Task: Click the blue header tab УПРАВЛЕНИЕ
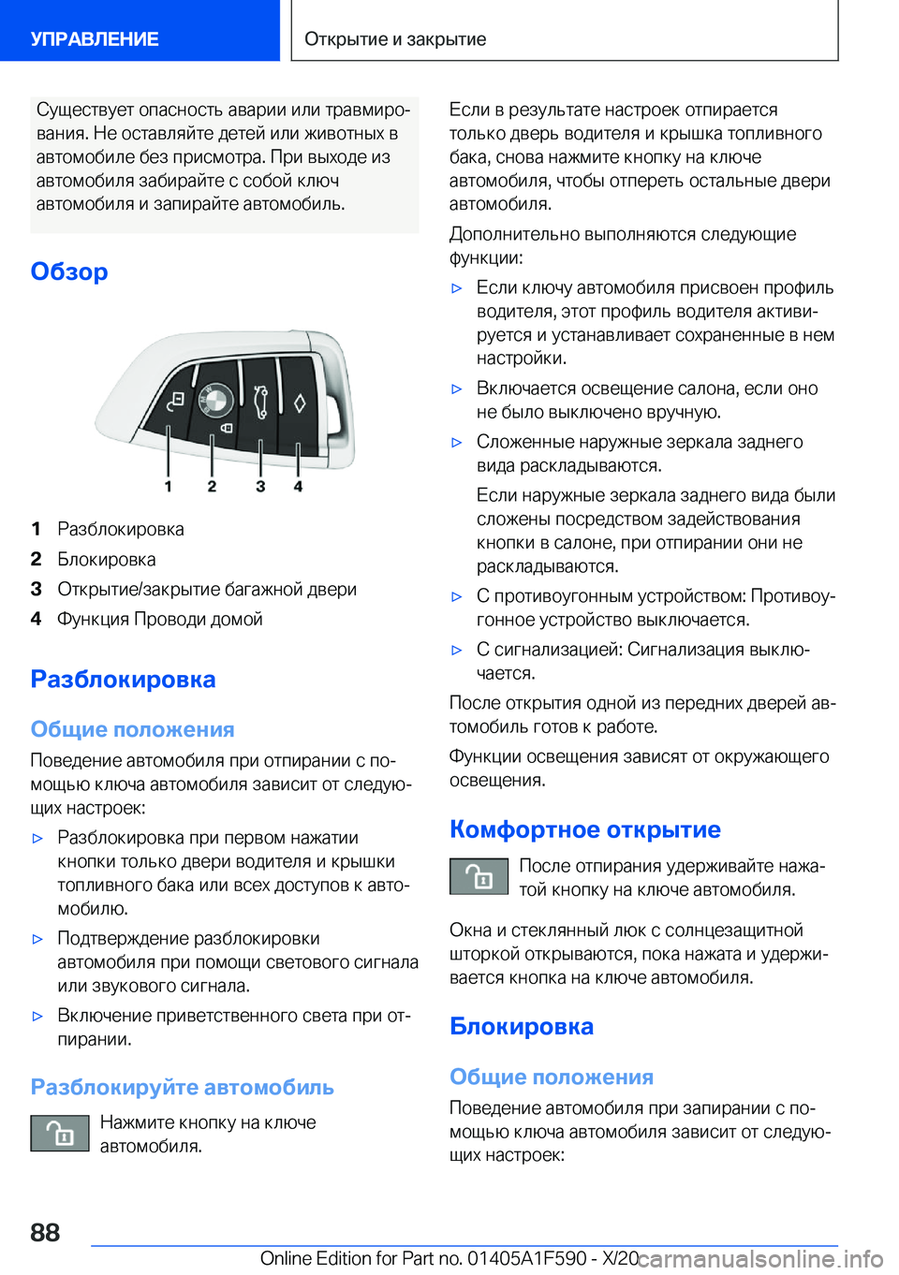point(95,38)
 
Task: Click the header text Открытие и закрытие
point(395,38)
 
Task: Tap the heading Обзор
point(69,271)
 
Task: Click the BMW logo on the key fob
point(215,400)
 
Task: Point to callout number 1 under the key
point(169,486)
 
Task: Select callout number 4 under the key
point(298,486)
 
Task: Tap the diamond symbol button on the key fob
point(300,403)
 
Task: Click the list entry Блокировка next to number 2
point(107,559)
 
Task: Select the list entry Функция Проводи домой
point(160,619)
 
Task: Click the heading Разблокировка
point(123,679)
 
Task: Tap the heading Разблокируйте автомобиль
point(182,1087)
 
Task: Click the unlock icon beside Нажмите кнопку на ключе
point(60,1133)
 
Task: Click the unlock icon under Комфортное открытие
point(479,877)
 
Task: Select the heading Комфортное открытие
point(584,829)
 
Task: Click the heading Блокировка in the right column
point(521,1026)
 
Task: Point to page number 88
point(45,1232)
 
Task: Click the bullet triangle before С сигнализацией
point(457,650)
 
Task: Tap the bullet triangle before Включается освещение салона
point(457,388)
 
